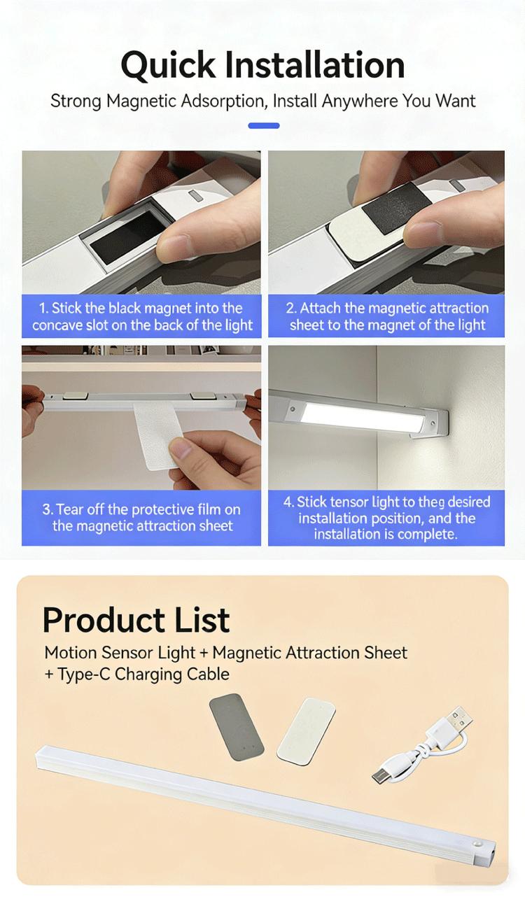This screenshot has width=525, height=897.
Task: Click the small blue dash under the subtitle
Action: pyautogui.click(x=264, y=126)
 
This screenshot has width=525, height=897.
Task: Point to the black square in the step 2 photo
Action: pyautogui.click(x=394, y=209)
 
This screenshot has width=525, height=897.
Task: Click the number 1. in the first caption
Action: pyautogui.click(x=44, y=309)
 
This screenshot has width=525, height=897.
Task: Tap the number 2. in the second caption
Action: pyautogui.click(x=291, y=309)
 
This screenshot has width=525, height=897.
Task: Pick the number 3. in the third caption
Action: pyautogui.click(x=48, y=509)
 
